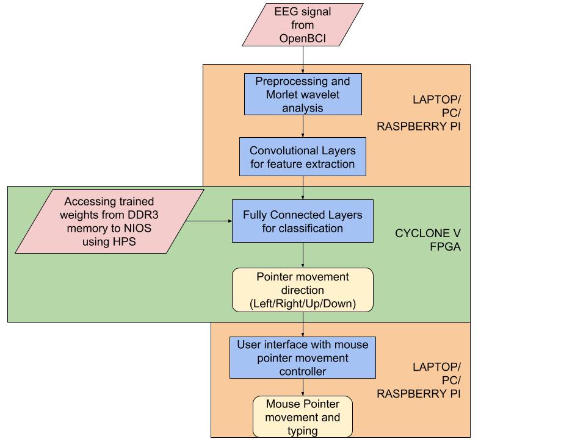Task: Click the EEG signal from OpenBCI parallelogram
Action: coord(303,25)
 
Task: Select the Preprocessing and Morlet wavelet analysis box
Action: coord(303,95)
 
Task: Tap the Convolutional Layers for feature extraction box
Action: coord(303,157)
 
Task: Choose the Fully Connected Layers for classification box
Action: coord(303,221)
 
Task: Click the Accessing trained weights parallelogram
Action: coord(110,221)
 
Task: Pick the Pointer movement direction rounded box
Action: coord(303,290)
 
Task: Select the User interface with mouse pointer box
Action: coord(303,358)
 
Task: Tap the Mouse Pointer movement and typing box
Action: coord(303,417)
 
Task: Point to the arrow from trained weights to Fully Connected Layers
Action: coord(208,221)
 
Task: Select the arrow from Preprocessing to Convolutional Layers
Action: coord(303,126)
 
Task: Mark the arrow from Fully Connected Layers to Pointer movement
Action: coord(303,255)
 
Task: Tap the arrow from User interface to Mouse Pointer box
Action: coord(303,388)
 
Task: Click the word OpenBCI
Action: coord(303,38)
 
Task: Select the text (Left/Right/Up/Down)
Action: coord(303,303)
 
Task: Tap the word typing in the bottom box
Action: coord(303,430)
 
